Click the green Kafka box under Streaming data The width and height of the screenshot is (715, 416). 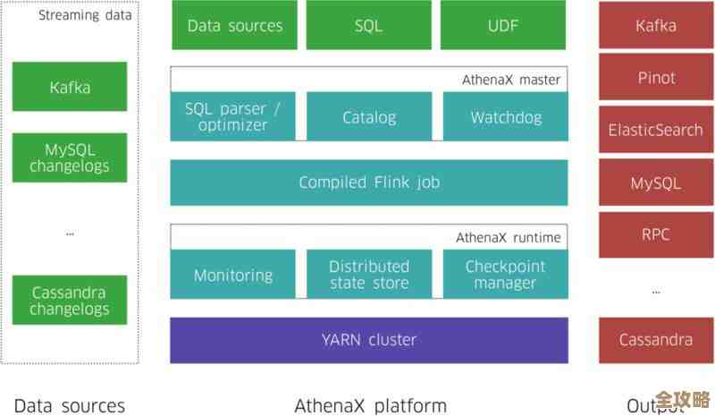[70, 87]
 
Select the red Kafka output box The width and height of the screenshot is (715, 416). [656, 26]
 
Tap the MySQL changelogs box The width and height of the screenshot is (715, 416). [70, 157]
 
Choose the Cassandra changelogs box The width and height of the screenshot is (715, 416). [70, 301]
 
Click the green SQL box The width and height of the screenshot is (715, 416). [368, 26]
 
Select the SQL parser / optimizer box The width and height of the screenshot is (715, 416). [232, 116]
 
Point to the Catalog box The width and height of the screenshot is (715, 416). [369, 116]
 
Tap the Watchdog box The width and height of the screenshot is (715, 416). [505, 116]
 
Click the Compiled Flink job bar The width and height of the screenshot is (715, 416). [369, 183]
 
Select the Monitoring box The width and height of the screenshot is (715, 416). [232, 275]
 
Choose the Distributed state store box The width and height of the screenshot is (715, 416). [369, 275]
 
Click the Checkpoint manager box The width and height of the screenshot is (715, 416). [505, 275]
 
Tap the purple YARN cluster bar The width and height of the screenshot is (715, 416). [369, 340]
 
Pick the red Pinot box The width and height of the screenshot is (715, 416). [656, 78]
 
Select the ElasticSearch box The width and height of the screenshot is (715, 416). [656, 130]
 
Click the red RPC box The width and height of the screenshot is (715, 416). [656, 235]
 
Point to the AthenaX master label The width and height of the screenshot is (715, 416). [510, 80]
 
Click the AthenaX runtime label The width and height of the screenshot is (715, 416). [508, 237]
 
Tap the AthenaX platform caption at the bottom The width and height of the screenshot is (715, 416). [370, 405]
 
